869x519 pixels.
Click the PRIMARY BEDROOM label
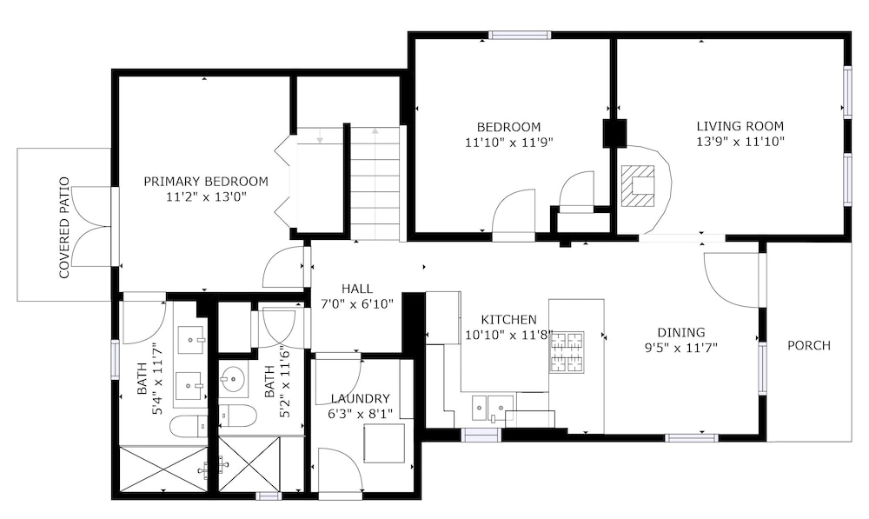206,182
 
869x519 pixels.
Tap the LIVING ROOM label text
740,126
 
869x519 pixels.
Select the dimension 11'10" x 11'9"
508,143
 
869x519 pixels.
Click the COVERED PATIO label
65,228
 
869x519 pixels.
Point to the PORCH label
809,345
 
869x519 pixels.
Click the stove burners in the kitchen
567,351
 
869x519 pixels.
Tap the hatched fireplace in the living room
637,186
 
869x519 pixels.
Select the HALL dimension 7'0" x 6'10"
357,304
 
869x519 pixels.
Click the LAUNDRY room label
361,399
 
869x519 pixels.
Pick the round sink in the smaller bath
232,380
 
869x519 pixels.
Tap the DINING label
681,333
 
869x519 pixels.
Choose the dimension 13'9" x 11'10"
740,142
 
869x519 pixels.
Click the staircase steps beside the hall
375,183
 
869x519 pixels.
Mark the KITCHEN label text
508,320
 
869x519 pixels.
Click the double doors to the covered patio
92,228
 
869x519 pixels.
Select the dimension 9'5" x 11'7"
681,349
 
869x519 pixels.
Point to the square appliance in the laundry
384,443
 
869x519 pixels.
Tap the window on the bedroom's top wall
520,35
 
